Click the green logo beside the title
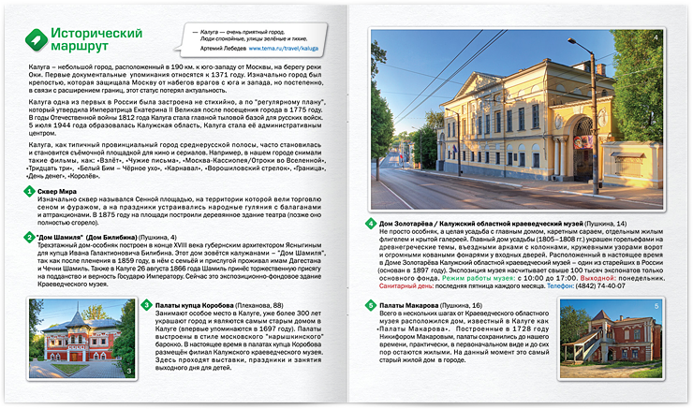point(35,38)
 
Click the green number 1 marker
point(30,192)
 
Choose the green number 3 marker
point(146,305)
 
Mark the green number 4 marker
point(371,224)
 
